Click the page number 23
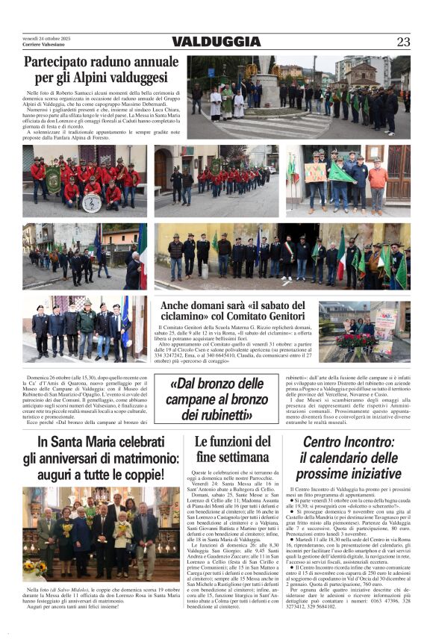403,42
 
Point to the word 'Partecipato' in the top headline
58,61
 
